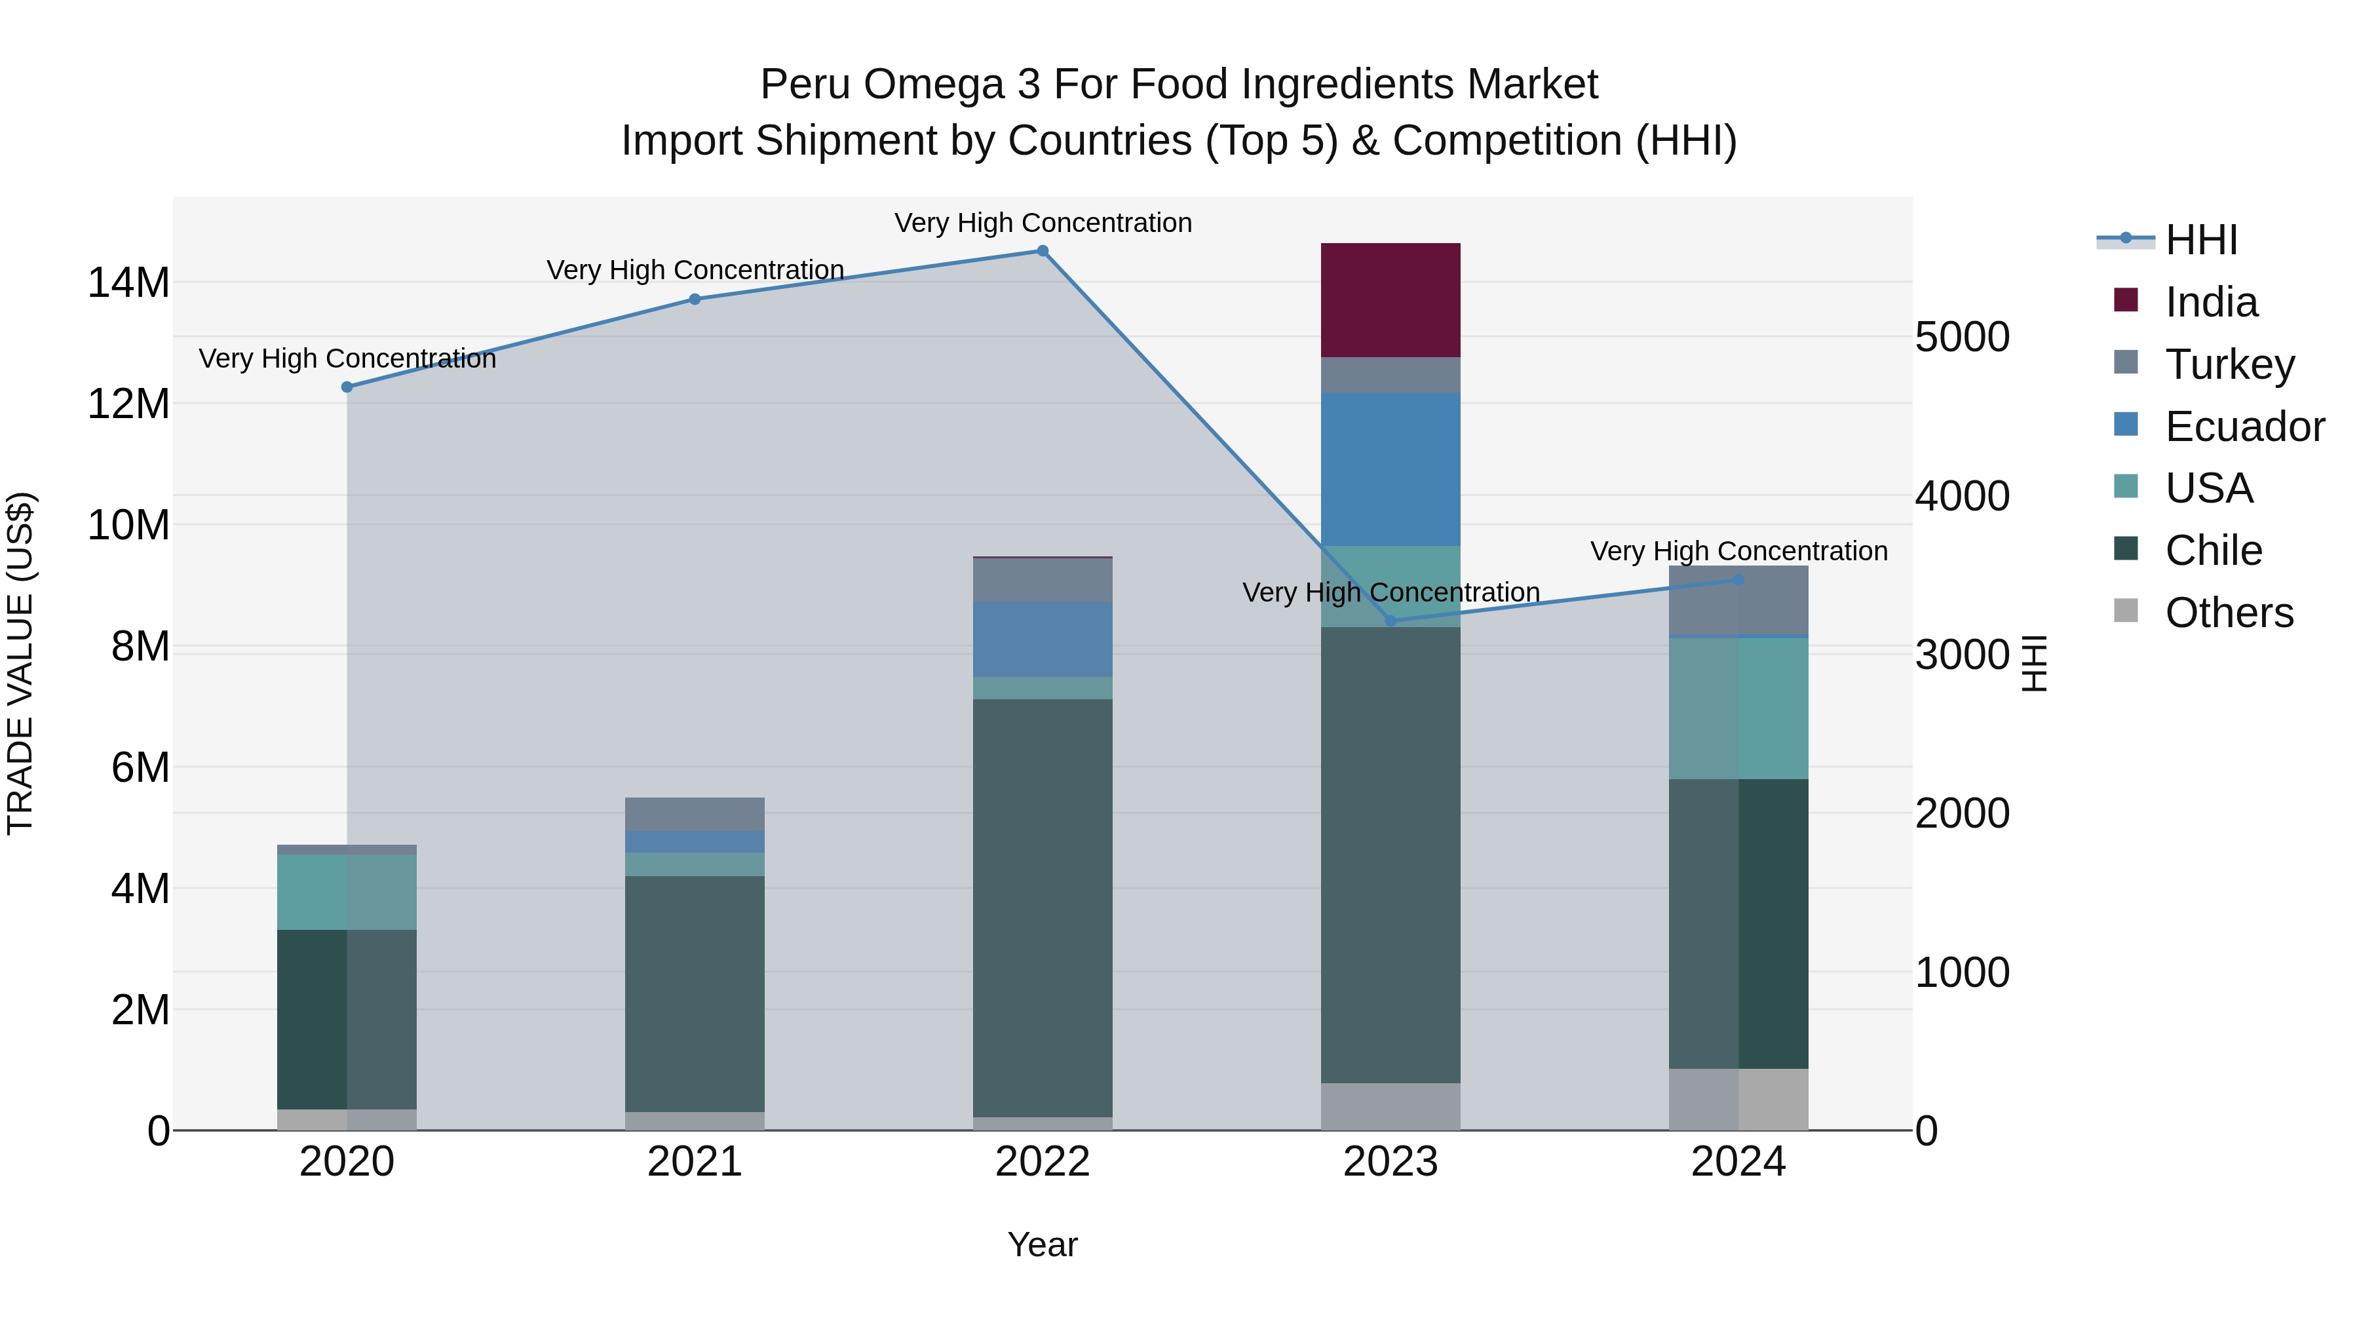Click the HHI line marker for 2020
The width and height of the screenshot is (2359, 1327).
[x=347, y=387]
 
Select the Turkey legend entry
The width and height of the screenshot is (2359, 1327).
[x=2229, y=364]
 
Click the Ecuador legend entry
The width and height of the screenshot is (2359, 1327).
[x=2244, y=427]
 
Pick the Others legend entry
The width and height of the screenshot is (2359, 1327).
[x=2229, y=613]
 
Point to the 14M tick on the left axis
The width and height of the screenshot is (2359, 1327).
[x=128, y=282]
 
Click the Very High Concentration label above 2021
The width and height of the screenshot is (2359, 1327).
[x=695, y=270]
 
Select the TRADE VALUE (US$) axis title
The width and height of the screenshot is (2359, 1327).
[x=20, y=663]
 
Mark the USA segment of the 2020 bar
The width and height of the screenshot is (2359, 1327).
[x=347, y=892]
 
